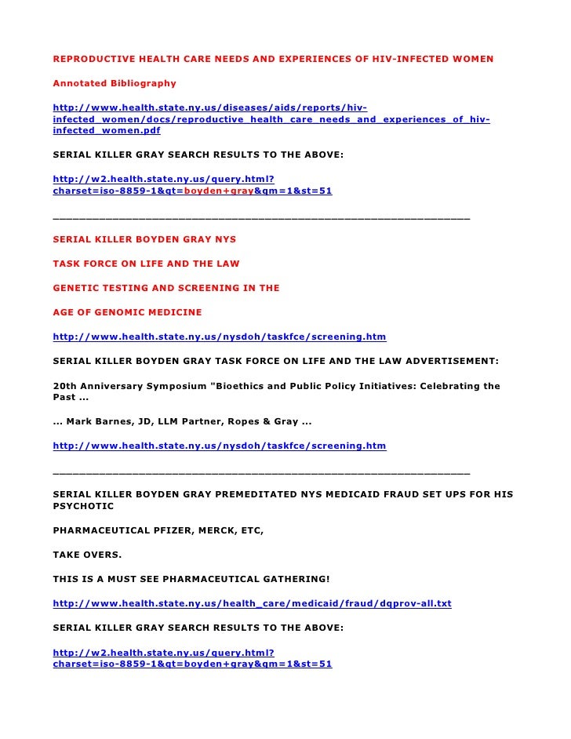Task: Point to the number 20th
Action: click(x=65, y=386)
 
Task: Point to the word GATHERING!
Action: click(x=292, y=579)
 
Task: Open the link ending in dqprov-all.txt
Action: click(x=252, y=603)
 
